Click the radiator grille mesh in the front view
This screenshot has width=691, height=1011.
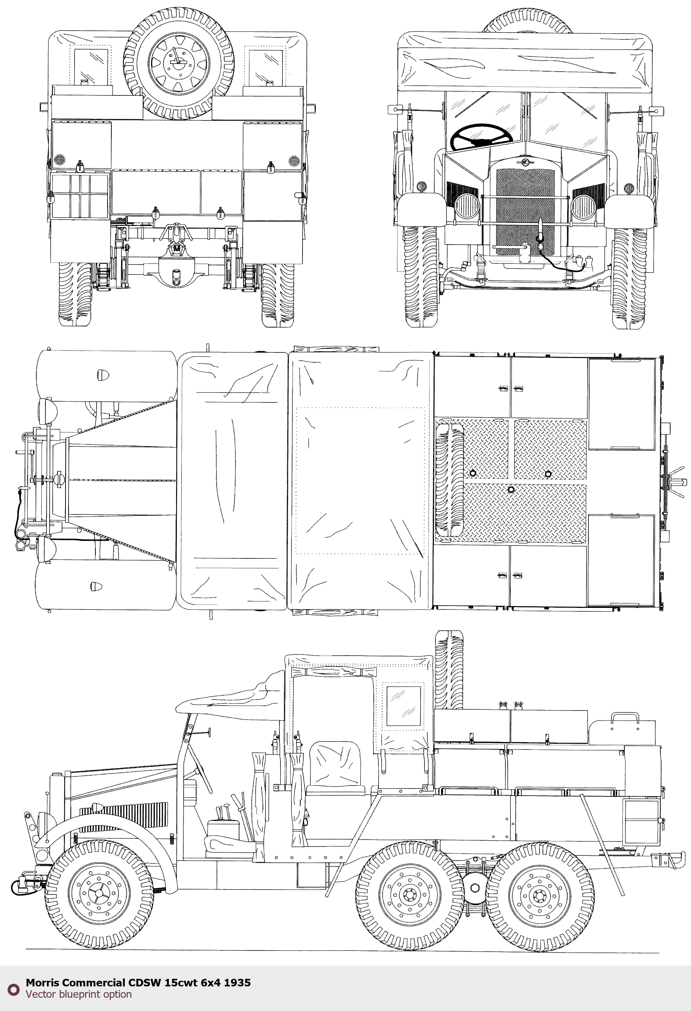[x=526, y=212]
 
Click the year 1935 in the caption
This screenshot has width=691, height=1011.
[x=237, y=982]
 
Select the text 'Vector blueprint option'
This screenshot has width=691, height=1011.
[x=78, y=994]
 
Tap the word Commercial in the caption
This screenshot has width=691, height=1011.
[x=94, y=982]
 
